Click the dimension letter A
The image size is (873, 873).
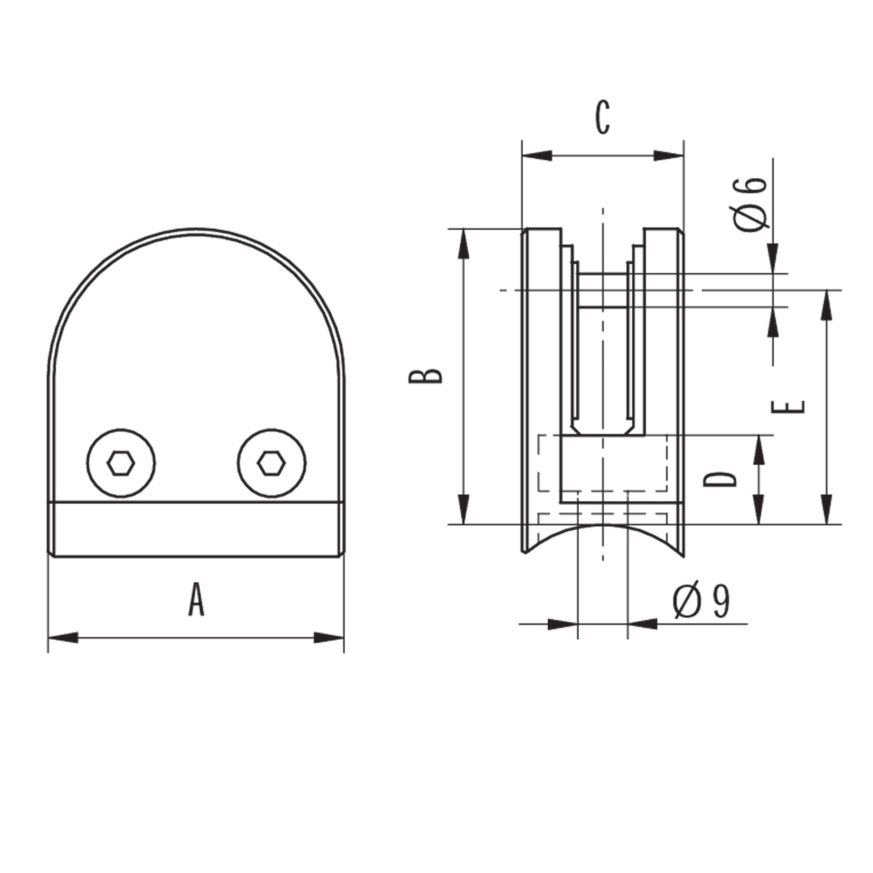196,599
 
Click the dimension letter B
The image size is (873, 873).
426,376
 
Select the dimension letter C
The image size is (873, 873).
603,118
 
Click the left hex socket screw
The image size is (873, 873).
121,463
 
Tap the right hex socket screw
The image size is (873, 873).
271,463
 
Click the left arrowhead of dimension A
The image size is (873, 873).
63,637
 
